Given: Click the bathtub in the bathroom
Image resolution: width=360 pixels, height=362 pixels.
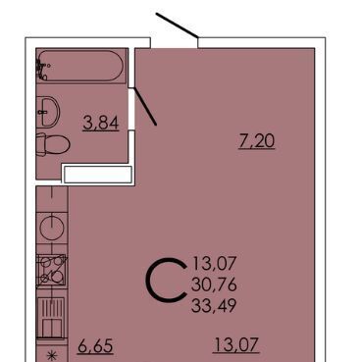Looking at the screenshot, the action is [80, 66].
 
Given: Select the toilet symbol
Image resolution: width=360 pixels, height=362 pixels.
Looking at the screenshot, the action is [52, 144].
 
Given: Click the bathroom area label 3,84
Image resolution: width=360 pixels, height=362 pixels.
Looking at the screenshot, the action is [101, 124].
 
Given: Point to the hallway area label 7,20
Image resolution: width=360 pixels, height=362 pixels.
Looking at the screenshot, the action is [257, 141].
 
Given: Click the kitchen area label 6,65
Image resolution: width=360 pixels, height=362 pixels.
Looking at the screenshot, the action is [95, 346].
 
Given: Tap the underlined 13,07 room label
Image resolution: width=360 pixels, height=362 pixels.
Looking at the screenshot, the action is [236, 345].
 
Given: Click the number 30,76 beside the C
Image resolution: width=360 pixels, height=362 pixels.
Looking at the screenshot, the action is [214, 284].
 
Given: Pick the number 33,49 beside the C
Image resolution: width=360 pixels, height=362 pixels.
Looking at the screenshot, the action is [214, 306].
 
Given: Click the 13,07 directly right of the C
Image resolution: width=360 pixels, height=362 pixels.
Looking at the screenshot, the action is [214, 264].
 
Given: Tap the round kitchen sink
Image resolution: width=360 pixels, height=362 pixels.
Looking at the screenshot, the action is [52, 228].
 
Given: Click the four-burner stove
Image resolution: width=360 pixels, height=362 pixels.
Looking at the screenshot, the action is [52, 270].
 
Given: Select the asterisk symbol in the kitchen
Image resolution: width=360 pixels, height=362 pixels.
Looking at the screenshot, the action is [51, 356].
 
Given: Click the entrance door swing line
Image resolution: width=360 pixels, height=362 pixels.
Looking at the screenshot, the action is [177, 26].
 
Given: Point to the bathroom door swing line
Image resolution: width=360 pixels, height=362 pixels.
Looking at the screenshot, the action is [145, 106].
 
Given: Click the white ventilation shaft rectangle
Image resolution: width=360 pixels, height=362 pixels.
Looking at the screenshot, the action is [98, 174].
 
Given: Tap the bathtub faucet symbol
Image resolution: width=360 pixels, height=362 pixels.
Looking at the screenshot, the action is [41, 70].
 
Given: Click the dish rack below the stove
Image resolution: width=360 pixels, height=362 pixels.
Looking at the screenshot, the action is [52, 318].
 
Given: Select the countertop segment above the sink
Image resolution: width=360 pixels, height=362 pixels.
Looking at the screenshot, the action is [52, 199].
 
